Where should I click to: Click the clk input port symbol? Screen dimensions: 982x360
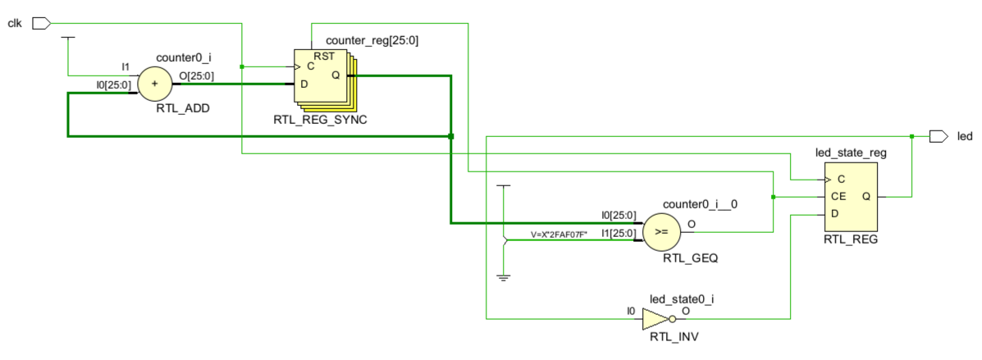(x=41, y=23)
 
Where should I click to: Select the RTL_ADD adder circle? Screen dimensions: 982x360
(x=155, y=84)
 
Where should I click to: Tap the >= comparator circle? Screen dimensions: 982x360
(x=660, y=231)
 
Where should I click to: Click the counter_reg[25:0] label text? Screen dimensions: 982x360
(x=372, y=41)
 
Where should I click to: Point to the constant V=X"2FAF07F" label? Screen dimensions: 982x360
(x=559, y=235)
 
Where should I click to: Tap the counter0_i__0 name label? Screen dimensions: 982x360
(x=692, y=204)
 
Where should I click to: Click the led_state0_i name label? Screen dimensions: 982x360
(x=682, y=299)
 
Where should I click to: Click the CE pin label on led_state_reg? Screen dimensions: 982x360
(x=838, y=197)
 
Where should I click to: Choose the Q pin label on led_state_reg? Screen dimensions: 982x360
(x=866, y=197)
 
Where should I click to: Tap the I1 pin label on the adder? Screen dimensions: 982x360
(x=126, y=66)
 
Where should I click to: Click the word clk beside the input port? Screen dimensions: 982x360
(x=15, y=24)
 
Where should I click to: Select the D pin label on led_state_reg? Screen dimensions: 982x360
(x=835, y=214)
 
